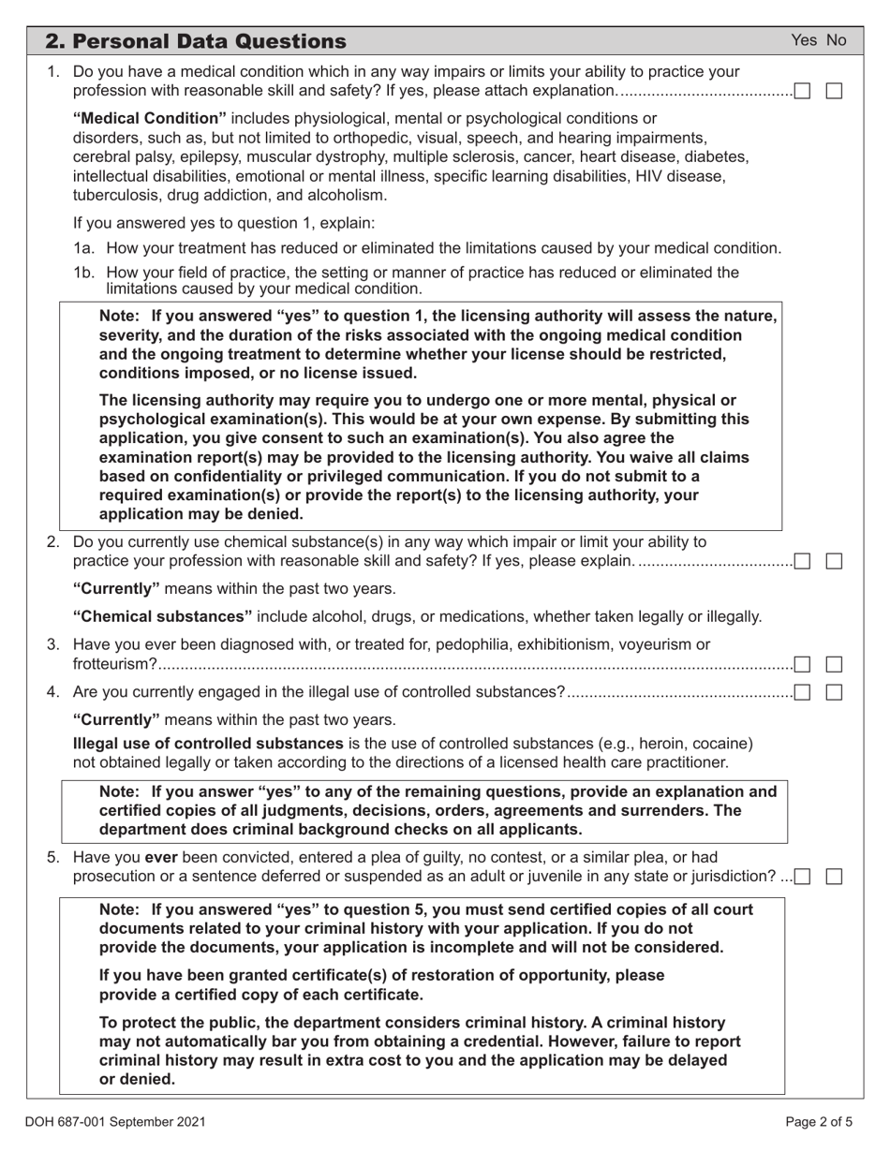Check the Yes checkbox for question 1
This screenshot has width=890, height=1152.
803,91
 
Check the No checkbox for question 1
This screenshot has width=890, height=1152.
834,91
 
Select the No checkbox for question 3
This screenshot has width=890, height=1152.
834,664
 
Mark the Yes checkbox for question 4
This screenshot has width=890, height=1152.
803,692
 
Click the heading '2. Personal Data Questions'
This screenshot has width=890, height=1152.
196,41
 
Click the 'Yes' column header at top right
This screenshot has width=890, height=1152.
805,40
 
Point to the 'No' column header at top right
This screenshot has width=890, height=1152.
836,40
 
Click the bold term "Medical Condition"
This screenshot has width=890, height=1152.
150,119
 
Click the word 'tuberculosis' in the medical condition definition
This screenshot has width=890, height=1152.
116,195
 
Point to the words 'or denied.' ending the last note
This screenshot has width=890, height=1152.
137,1079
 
